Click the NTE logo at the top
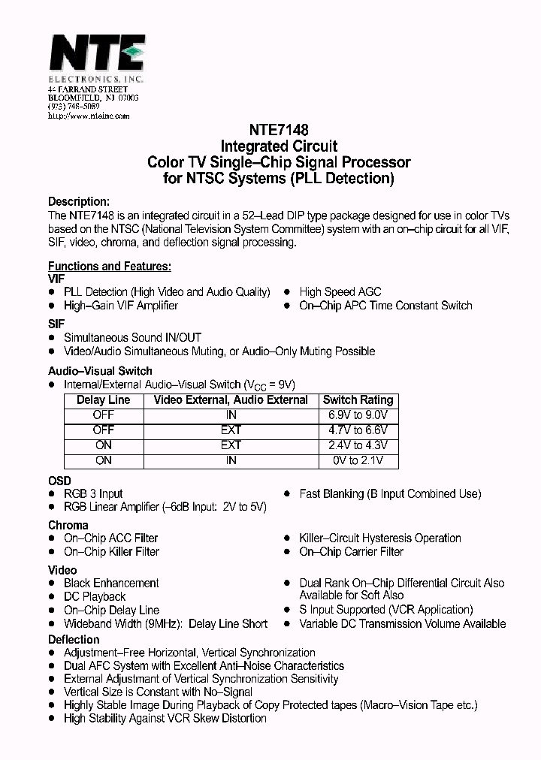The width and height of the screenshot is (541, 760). tap(95, 54)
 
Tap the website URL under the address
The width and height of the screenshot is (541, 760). tap(89, 116)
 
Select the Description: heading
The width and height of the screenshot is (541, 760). tap(79, 201)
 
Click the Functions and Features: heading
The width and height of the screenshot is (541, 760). tap(110, 266)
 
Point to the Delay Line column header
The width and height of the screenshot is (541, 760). tap(104, 400)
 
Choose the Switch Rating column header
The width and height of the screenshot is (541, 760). tap(358, 400)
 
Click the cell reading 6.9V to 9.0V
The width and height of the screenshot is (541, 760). tap(358, 415)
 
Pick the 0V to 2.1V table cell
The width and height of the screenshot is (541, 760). tap(358, 460)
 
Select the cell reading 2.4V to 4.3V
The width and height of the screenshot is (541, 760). tap(358, 445)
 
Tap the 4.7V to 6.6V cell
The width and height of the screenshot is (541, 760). tap(358, 430)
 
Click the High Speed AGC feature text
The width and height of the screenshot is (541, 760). tap(340, 292)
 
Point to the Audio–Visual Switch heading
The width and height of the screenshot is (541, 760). tap(100, 371)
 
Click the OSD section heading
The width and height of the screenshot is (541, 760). tap(59, 481)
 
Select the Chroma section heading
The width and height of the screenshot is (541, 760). tap(68, 525)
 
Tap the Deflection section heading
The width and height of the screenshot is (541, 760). tap(74, 639)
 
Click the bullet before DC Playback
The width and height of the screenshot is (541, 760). tap(52, 597)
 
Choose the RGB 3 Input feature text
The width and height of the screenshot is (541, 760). tap(93, 494)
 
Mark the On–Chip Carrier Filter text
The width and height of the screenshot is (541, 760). tap(351, 552)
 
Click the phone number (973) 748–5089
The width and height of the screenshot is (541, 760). tap(73, 107)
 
